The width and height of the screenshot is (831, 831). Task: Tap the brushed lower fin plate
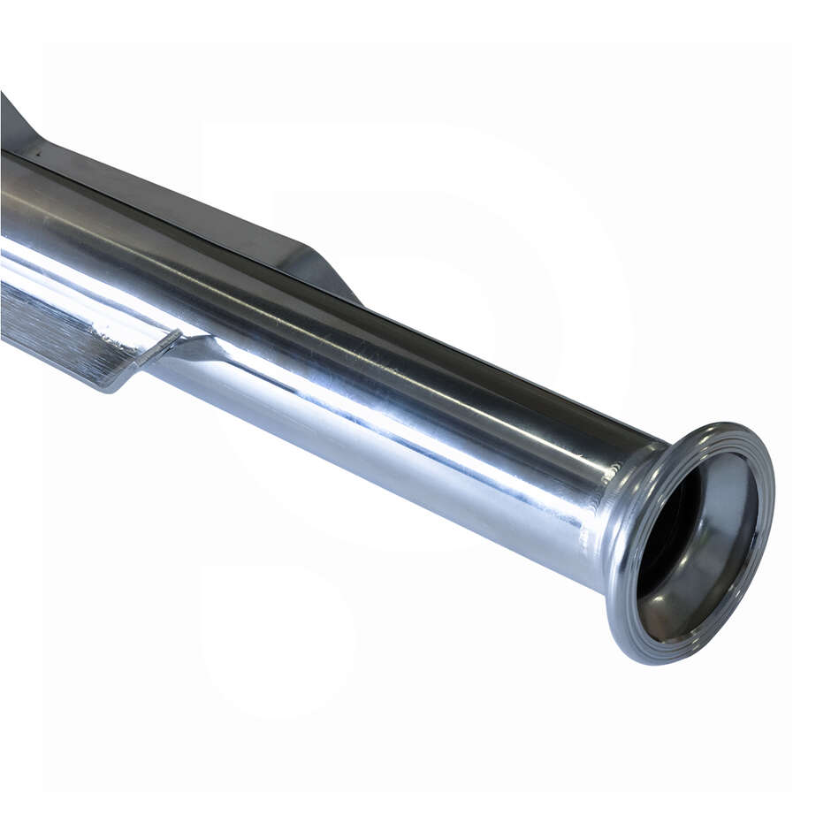coord(53,327)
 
